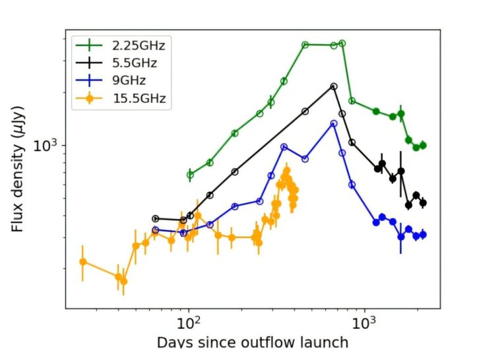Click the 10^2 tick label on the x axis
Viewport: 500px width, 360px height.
click(189, 324)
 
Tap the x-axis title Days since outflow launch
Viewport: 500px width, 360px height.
click(252, 342)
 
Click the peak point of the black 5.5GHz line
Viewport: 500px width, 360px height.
click(334, 86)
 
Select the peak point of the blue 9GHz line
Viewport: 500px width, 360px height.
click(334, 123)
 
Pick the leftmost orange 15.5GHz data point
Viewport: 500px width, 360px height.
click(82, 262)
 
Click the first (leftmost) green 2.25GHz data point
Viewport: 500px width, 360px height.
click(190, 175)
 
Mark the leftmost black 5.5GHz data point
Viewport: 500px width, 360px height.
click(156, 218)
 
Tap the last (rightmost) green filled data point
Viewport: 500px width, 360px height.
click(423, 145)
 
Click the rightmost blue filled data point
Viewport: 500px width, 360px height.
click(423, 234)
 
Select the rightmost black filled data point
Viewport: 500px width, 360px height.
click(423, 202)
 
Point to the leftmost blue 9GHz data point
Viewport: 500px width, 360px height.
click(156, 230)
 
